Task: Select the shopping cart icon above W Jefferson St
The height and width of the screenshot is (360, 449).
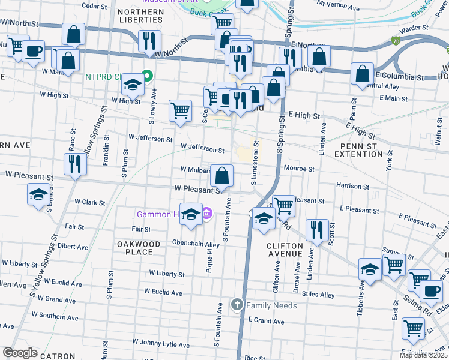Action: [x=180, y=110]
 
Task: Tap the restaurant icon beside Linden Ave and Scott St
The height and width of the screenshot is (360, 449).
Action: [x=316, y=229]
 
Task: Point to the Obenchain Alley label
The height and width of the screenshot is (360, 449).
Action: [x=195, y=245]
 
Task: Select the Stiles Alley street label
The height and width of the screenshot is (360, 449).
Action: [x=318, y=295]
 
